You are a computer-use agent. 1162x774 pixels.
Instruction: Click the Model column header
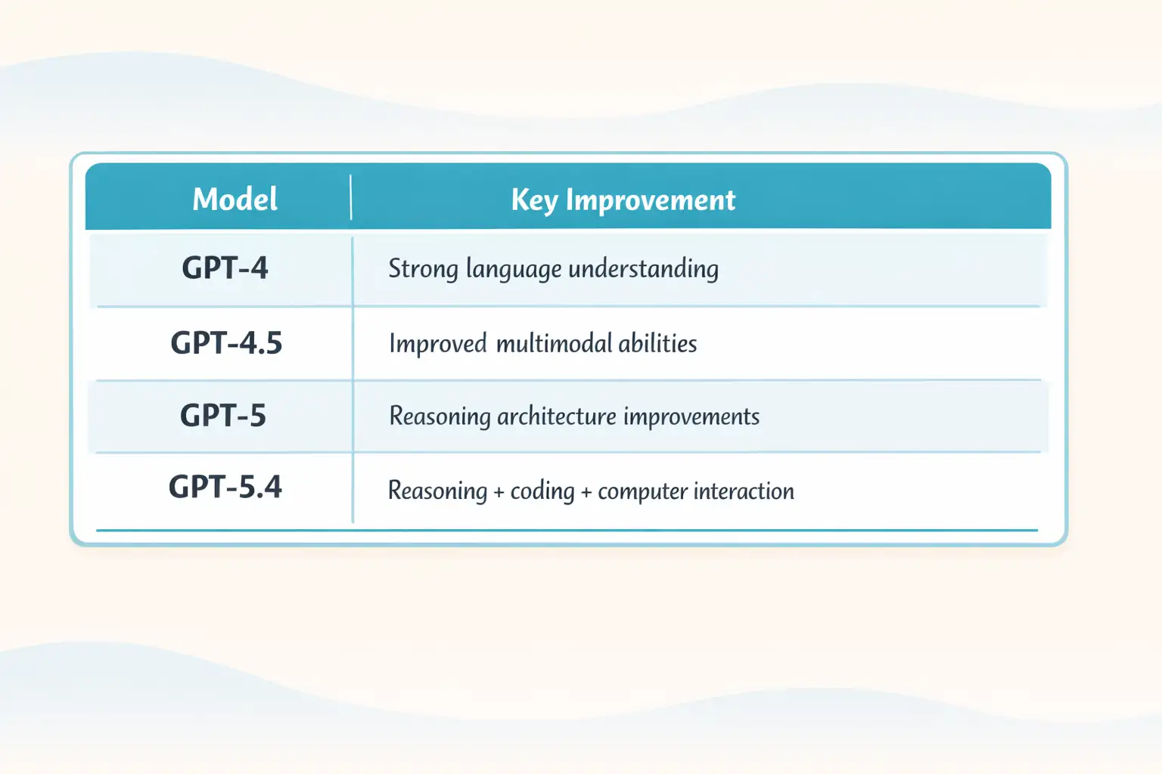pyautogui.click(x=235, y=200)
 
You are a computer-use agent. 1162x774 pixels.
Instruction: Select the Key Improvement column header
pyautogui.click(x=623, y=200)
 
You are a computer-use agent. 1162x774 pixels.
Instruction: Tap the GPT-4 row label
pyautogui.click(x=225, y=268)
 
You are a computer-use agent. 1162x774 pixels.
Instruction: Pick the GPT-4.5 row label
pyautogui.click(x=226, y=343)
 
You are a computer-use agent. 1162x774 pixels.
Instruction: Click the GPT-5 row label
pyautogui.click(x=223, y=416)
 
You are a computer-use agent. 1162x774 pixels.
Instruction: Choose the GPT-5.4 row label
pyautogui.click(x=225, y=487)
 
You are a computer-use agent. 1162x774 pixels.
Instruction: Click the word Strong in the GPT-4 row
pyautogui.click(x=423, y=269)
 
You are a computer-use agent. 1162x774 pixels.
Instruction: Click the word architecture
pyautogui.click(x=556, y=416)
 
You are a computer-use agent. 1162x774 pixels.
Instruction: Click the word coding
pyautogui.click(x=542, y=491)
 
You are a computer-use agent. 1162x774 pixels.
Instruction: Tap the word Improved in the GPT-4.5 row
pyautogui.click(x=437, y=344)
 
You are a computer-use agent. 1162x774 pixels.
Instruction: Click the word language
pyautogui.click(x=513, y=270)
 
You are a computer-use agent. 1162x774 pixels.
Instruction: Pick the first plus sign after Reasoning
pyautogui.click(x=499, y=492)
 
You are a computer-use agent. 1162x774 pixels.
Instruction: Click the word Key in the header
pyautogui.click(x=534, y=200)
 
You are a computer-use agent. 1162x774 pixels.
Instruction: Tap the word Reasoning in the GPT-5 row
pyautogui.click(x=440, y=416)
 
